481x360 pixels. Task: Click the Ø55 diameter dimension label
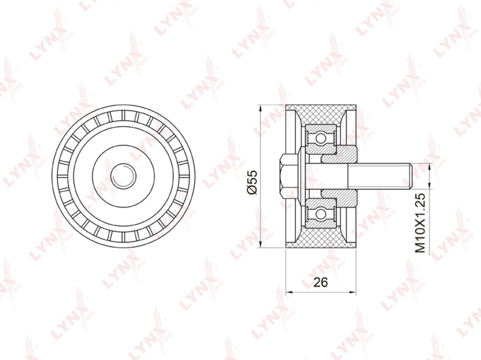pos(253,182)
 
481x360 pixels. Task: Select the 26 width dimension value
pos(321,282)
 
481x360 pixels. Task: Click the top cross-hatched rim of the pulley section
pos(321,114)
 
